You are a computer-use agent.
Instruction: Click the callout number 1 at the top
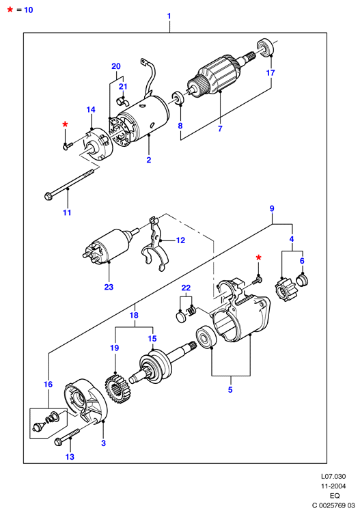coord(169,16)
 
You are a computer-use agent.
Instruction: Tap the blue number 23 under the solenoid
coord(109,287)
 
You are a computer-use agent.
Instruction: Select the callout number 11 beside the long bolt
coord(67,212)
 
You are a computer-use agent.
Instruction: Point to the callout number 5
coord(230,389)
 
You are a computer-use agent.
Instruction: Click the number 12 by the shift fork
coord(180,240)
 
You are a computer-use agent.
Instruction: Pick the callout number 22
coord(186,288)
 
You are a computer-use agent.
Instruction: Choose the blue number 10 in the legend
coord(29,10)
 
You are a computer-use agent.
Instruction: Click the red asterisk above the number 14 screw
coord(66,124)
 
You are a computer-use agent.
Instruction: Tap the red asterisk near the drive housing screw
coord(259,257)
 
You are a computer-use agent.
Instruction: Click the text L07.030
coord(333,476)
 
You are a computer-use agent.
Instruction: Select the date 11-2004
coord(333,486)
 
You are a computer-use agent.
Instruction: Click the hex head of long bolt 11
coord(48,197)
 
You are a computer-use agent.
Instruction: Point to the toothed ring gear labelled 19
coord(118,389)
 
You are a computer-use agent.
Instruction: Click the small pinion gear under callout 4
coord(283,290)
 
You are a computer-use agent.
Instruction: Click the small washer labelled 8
coord(178,98)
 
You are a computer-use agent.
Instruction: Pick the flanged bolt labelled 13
coord(67,438)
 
